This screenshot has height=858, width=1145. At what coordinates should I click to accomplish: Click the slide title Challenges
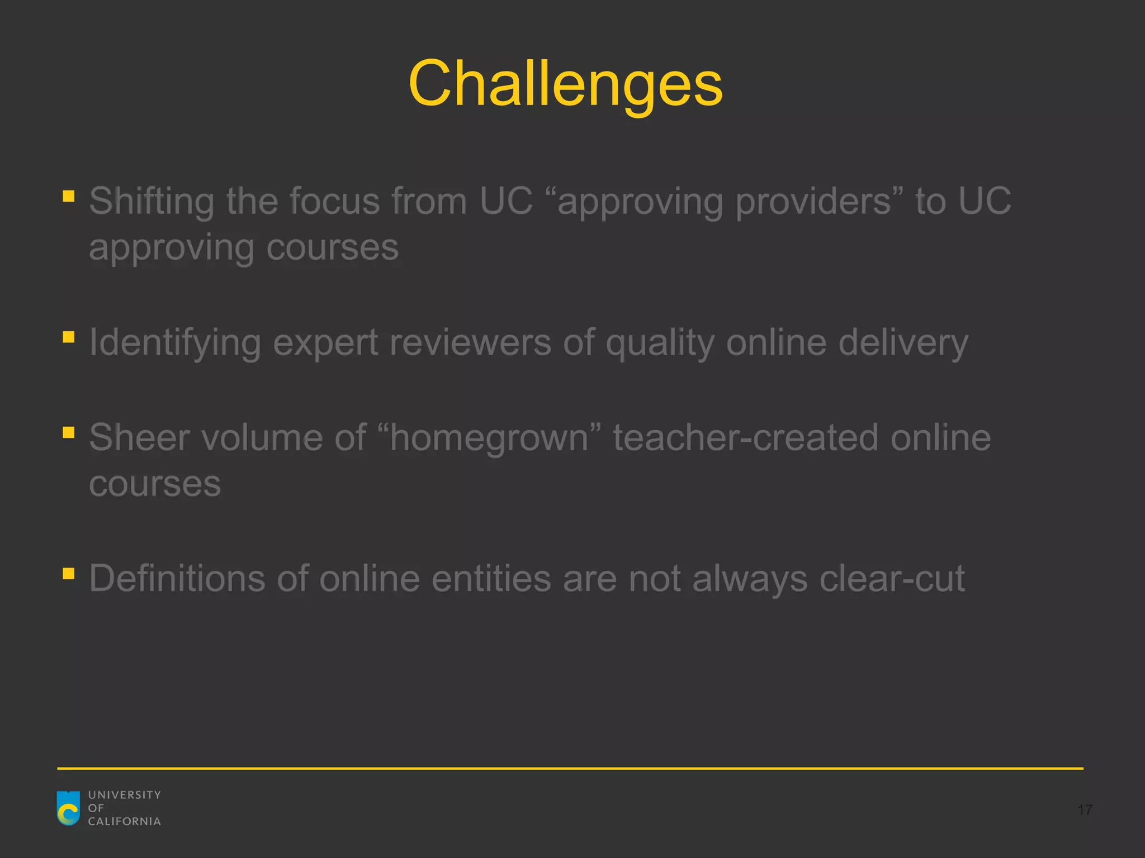point(565,84)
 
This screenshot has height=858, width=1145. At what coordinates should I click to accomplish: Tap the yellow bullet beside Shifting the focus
point(69,196)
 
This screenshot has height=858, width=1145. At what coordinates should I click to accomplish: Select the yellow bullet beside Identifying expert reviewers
point(69,337)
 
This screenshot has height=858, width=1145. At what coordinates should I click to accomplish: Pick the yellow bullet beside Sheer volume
point(69,432)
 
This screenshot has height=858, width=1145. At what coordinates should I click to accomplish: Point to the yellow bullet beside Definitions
point(69,574)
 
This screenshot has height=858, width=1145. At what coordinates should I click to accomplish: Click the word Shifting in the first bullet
point(151,201)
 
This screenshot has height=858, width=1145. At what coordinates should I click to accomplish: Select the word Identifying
point(175,342)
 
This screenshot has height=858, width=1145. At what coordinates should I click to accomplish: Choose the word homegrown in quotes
point(489,438)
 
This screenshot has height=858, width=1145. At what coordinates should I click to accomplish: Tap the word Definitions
point(177,579)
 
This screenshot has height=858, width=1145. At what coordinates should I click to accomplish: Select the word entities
point(491,579)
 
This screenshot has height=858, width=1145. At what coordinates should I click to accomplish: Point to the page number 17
point(1085,810)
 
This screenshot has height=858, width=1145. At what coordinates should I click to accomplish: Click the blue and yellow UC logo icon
point(69,808)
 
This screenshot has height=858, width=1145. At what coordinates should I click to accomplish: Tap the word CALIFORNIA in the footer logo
point(124,821)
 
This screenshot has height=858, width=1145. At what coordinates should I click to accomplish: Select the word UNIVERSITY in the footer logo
point(124,794)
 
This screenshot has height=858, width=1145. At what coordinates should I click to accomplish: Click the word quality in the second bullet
point(660,342)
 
